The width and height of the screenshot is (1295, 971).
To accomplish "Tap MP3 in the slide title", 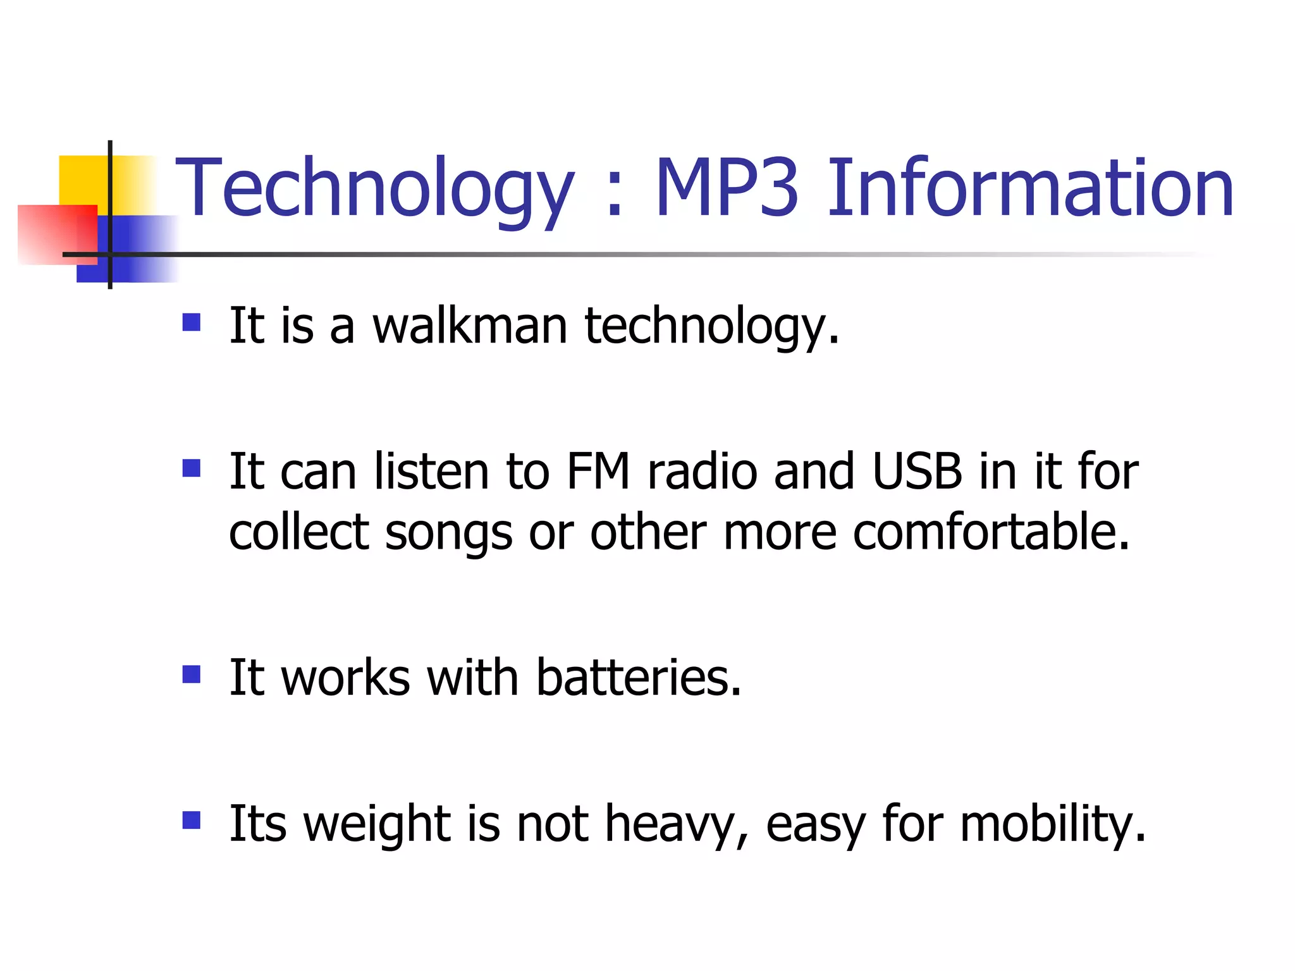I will point(727,188).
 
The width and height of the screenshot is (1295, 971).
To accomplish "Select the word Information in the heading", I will point(1030,188).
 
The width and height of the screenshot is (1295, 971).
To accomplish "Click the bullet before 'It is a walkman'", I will point(191,323).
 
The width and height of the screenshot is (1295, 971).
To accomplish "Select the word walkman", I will point(470,326).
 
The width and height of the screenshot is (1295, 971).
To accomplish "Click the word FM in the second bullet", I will point(598,472).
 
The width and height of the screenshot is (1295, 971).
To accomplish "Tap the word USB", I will point(918,472).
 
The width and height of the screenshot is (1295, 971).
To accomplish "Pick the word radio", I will point(703,472).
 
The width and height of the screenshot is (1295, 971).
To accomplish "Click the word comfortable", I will point(991,532).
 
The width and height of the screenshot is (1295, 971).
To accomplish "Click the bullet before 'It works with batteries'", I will point(191,675).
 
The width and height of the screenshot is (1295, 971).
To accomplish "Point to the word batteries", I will point(639,678).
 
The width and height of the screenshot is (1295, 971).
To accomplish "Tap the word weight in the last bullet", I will point(377,824).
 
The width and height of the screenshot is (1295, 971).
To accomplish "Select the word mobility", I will point(1053,824).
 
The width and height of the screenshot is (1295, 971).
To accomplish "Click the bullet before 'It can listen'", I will point(191,468).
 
